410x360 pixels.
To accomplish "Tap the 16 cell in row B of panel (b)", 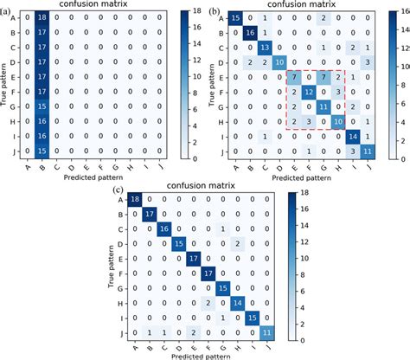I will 249,32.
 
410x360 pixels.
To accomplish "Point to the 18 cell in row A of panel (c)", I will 135,200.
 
